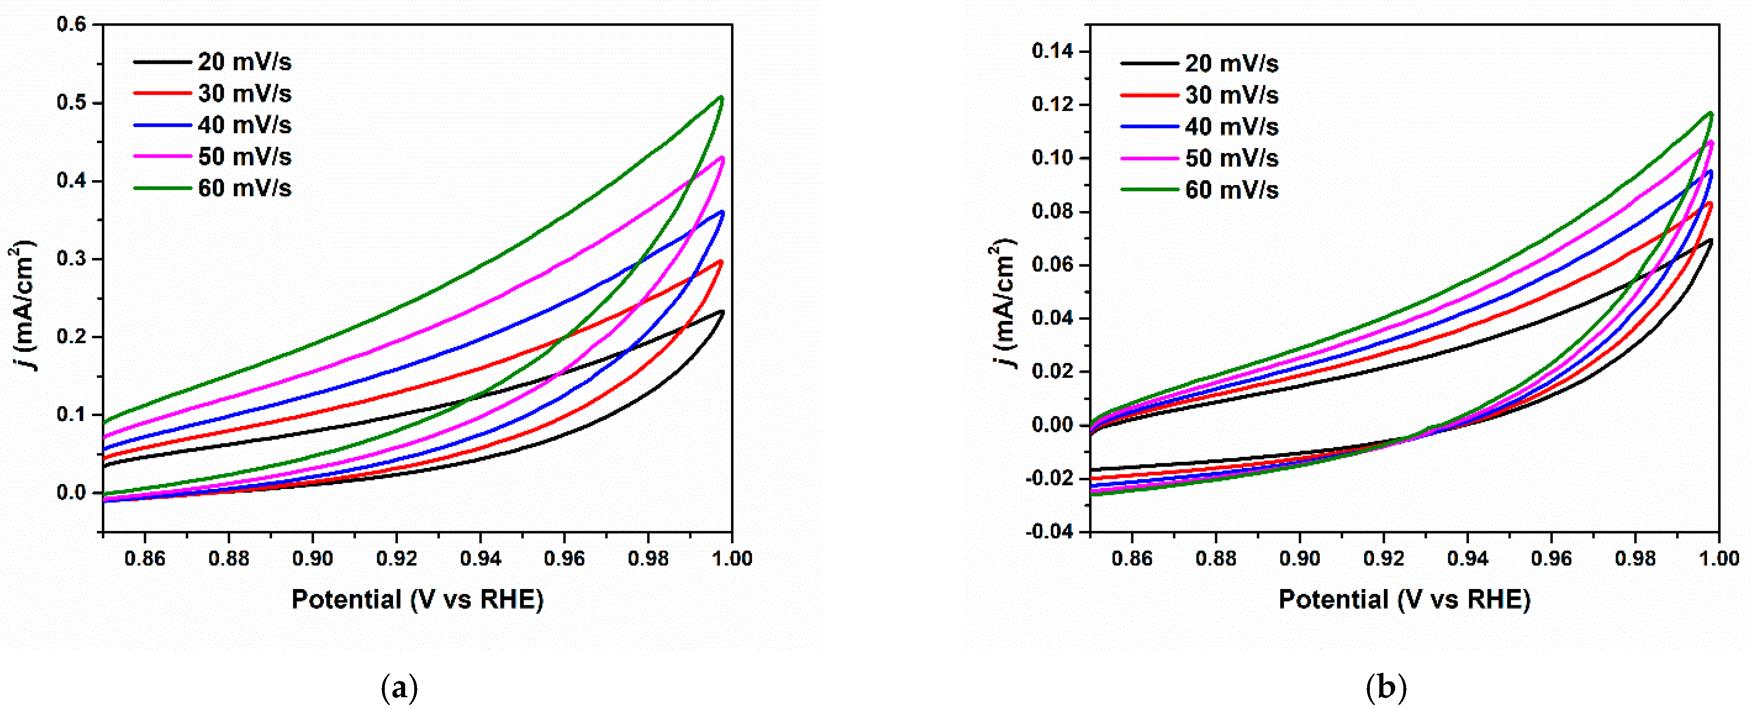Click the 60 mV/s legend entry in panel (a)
[244, 188]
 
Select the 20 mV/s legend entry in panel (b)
[1231, 63]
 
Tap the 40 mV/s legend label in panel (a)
[244, 125]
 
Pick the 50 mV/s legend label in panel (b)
[1231, 158]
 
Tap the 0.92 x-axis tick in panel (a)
[396, 559]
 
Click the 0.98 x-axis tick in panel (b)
[1635, 559]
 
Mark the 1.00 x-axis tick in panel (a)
[732, 559]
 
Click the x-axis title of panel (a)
[417, 599]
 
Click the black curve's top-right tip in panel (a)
[722, 312]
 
